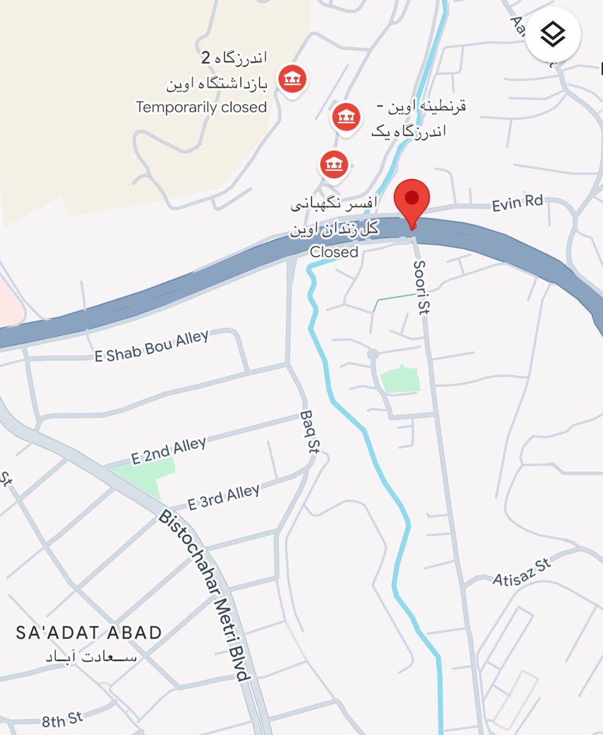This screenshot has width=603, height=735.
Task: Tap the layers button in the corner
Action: (553, 36)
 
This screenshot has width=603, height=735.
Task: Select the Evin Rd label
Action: (517, 203)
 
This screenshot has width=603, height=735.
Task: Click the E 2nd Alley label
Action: (168, 450)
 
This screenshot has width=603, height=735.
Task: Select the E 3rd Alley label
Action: (223, 496)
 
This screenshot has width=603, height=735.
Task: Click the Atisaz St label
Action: (522, 571)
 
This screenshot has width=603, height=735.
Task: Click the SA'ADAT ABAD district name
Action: (89, 633)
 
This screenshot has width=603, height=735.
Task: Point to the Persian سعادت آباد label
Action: (92, 656)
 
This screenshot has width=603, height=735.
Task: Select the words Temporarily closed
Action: (201, 108)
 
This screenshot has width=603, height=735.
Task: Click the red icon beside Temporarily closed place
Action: (293, 78)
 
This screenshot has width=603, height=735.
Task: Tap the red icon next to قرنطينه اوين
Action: (345, 115)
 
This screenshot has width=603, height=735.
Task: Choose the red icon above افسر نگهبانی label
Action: (334, 164)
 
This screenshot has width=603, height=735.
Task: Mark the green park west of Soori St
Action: (400, 380)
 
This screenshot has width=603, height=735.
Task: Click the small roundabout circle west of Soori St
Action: (372, 355)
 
